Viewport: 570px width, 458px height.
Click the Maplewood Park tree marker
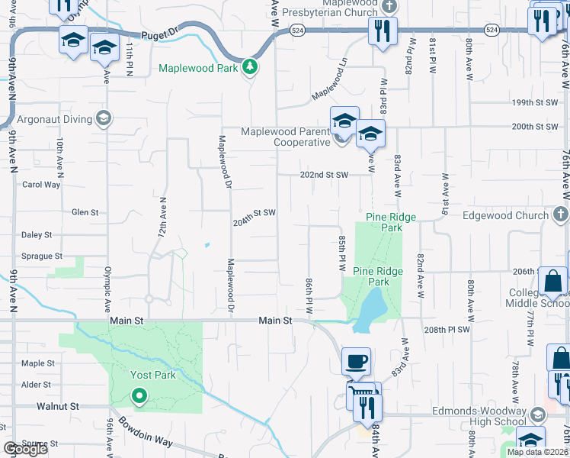pyautogui.click(x=249, y=68)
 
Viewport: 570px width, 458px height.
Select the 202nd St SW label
pyautogui.click(x=324, y=175)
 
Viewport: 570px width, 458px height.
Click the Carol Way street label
pyautogui.click(x=41, y=185)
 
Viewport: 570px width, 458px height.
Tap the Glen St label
pyautogui.click(x=85, y=212)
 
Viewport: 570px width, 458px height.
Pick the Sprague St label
pyautogui.click(x=42, y=256)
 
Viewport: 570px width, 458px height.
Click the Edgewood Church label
pyautogui.click(x=505, y=216)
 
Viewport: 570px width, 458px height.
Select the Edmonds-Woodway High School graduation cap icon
pyautogui.click(x=537, y=414)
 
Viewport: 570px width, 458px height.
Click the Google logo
pyautogui.click(x=24, y=449)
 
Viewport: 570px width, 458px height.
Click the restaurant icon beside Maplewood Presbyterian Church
pyautogui.click(x=379, y=31)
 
